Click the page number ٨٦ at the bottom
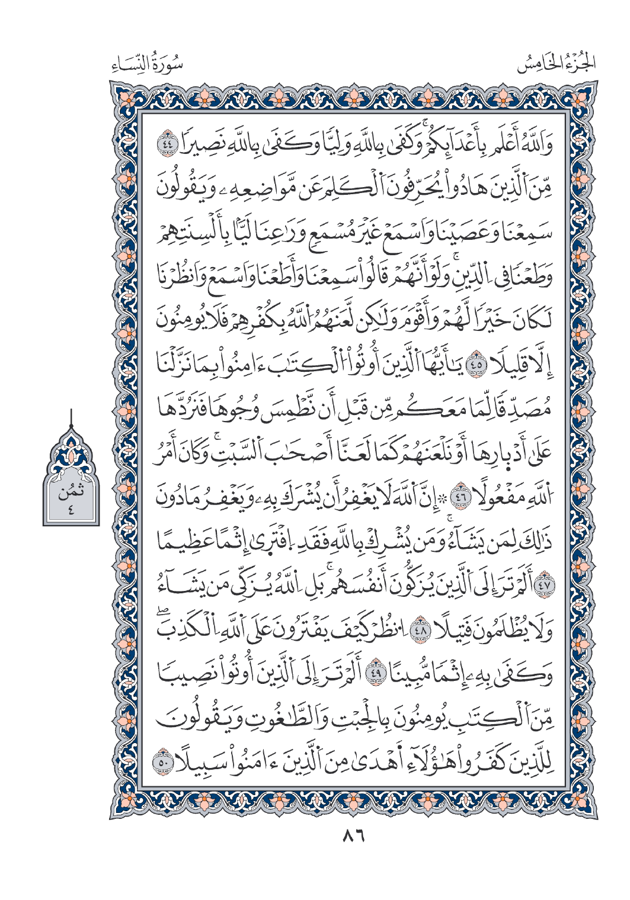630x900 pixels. (x=353, y=837)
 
